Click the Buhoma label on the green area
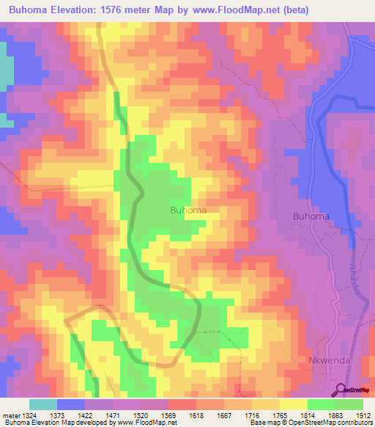click(187, 210)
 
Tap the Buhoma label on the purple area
click(311, 216)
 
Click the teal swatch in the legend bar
click(42, 404)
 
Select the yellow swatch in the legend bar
click(293, 404)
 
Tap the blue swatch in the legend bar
click(70, 404)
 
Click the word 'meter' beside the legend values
click(10, 415)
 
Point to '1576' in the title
click(115, 10)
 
